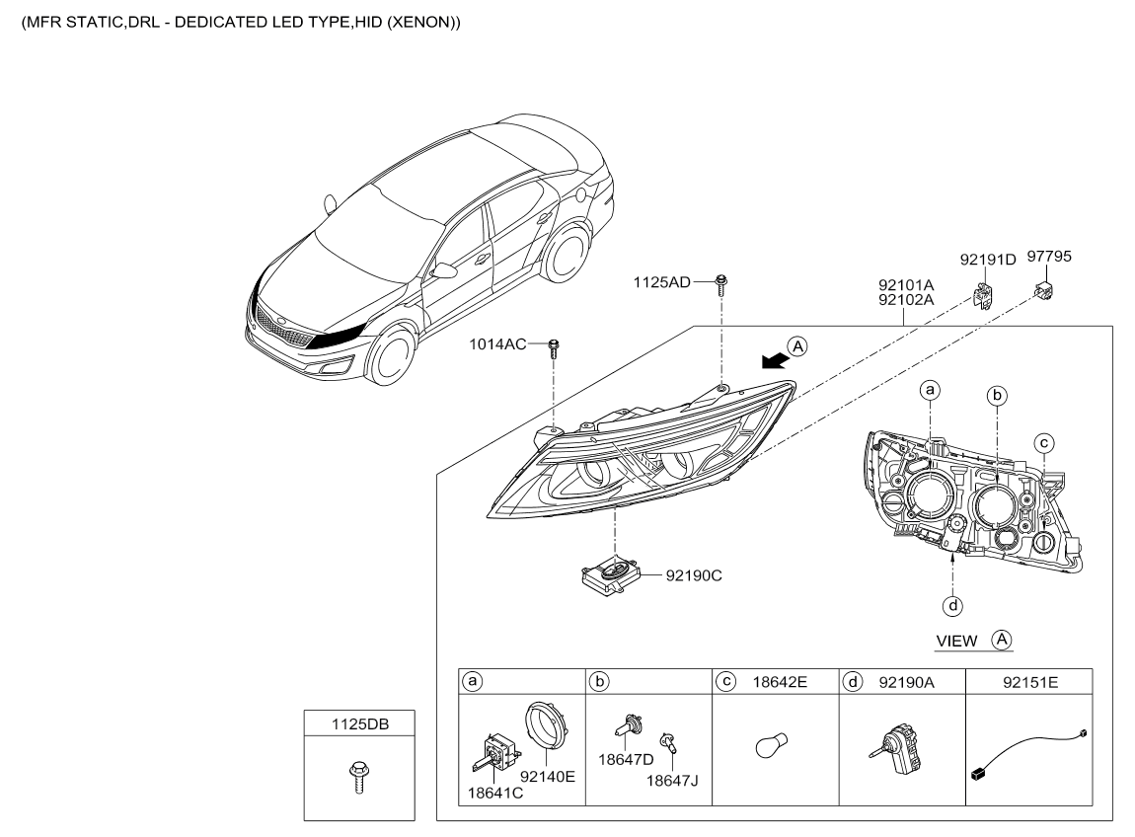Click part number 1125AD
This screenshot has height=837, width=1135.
click(x=661, y=282)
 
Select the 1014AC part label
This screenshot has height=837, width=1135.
click(x=497, y=344)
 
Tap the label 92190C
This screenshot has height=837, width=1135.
click(x=694, y=575)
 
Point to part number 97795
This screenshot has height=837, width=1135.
click(x=1049, y=257)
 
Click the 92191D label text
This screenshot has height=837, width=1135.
click(x=988, y=260)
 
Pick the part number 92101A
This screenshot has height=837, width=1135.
click(x=906, y=285)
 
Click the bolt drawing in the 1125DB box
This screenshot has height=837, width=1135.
click(x=358, y=777)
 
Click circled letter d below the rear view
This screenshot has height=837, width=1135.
click(x=952, y=605)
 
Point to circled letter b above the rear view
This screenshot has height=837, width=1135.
click(x=997, y=396)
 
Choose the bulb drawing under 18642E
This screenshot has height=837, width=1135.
click(x=771, y=746)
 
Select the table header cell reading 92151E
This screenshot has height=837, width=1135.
click(x=1029, y=682)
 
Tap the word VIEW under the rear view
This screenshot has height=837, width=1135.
click(x=956, y=642)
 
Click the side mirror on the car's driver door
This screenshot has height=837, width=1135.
click(x=444, y=270)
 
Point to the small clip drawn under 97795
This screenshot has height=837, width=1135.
click(x=1043, y=290)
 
